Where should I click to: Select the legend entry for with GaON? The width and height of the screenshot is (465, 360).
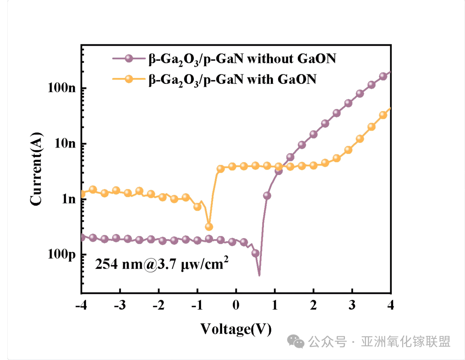click(232, 79)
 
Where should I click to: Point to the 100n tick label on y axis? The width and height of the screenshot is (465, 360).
click(62, 88)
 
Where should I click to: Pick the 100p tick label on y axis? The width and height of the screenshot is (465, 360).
click(62, 255)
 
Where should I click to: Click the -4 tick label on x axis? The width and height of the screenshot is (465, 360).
click(81, 305)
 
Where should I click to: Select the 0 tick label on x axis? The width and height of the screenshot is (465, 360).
click(236, 305)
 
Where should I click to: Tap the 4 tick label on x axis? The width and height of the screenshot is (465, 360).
click(391, 305)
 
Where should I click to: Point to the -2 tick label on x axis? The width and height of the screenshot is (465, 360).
click(158, 305)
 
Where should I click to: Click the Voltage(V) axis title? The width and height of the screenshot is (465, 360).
click(236, 329)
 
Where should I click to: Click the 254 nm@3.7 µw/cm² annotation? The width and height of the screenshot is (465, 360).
click(161, 264)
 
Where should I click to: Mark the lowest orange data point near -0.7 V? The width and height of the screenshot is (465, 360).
click(209, 227)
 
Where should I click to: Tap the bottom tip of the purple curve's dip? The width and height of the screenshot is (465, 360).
click(259, 275)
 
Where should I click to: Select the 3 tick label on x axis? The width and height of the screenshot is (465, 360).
click(352, 305)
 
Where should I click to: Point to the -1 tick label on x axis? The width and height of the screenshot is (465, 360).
click(197, 305)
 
